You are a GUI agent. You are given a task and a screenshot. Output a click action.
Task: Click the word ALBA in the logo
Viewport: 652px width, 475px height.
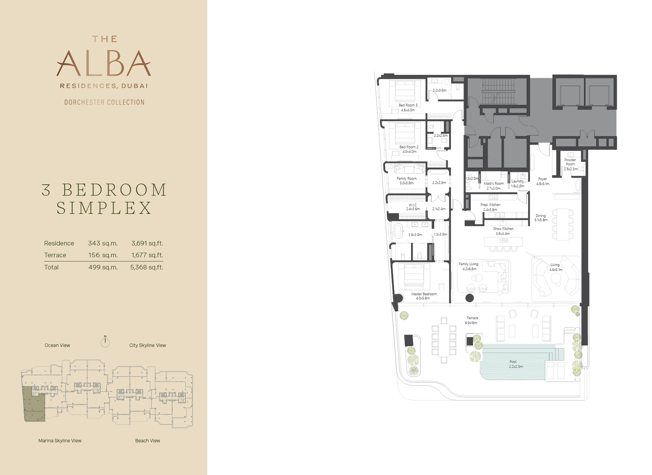coord(104,63)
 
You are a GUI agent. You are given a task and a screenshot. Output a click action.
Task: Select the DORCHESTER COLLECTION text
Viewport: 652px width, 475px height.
coord(104,102)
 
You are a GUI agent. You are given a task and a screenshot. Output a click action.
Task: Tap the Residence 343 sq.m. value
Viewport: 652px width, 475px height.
coord(103,243)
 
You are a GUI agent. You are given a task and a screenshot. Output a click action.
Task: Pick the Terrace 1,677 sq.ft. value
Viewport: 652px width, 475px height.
coord(147,255)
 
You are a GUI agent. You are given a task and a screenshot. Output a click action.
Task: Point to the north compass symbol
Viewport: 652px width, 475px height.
coord(105,341)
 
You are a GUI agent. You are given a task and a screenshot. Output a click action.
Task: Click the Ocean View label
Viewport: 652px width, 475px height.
coord(57,345)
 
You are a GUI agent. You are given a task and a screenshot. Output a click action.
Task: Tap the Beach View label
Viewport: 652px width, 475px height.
coord(147,440)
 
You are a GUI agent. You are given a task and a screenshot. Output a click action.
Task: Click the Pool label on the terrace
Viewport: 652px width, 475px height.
coord(513,362)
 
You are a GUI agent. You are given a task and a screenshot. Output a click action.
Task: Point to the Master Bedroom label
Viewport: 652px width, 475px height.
coord(424,294)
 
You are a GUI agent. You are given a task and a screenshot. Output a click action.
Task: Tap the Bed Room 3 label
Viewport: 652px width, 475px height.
coord(408,105)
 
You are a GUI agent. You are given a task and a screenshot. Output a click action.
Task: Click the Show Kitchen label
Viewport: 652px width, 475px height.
coord(503,229)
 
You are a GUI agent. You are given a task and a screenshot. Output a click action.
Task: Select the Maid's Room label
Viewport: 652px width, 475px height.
coord(494,183)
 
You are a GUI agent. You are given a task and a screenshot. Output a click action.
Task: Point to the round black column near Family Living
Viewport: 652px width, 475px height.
coord(469,297)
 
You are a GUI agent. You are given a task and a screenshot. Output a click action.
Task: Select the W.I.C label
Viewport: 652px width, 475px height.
coord(412,205)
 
